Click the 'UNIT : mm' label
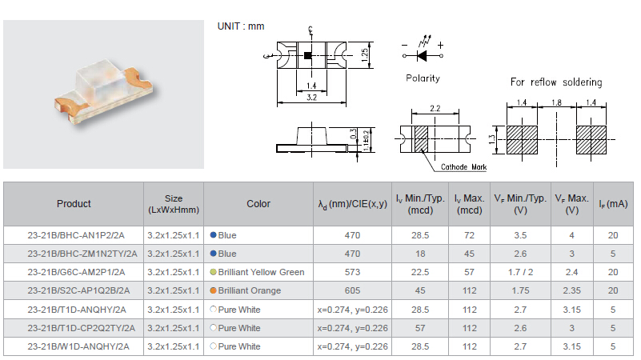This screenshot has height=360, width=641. tap(241, 26)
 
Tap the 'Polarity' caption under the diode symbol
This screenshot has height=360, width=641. tap(423, 78)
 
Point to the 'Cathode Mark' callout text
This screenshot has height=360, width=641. tap(463, 166)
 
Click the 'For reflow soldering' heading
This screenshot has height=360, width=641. tap(556, 82)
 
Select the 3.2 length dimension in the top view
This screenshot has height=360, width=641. tap(311, 98)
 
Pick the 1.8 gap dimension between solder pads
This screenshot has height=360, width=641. tap(556, 102)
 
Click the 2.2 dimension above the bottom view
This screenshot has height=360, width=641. tap(435, 108)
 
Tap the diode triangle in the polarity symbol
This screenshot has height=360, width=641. tap(422, 55)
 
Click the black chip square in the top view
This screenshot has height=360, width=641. tap(308, 55)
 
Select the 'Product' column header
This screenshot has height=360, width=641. tap(74, 203)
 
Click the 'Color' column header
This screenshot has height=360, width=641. tap(258, 203)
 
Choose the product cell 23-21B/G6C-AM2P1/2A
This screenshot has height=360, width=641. tap(76, 272)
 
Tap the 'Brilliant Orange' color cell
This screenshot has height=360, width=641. tap(250, 290)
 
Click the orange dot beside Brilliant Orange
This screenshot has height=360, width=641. tap(213, 290)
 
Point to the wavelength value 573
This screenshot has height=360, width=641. tap(352, 272)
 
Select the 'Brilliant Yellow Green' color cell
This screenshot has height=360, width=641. tap(261, 272)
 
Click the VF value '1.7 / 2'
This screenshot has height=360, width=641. tap(520, 272)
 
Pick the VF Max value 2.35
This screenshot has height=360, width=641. tap(571, 290)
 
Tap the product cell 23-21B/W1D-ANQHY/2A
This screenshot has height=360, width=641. tap(78, 346)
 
